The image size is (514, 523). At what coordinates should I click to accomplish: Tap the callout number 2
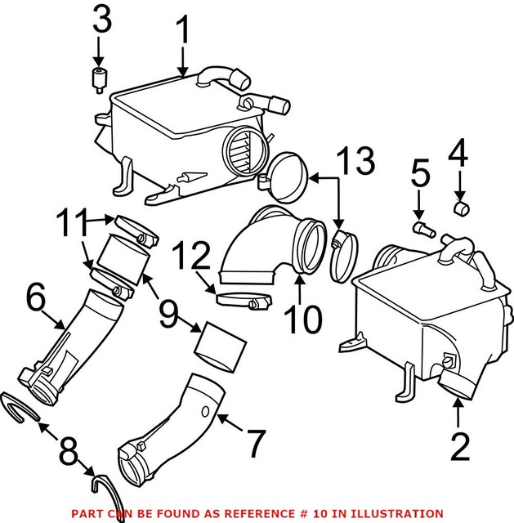pyautogui.click(x=460, y=446)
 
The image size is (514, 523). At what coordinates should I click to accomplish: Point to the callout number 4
pyautogui.click(x=460, y=152)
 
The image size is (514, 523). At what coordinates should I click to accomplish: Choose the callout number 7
pyautogui.click(x=255, y=444)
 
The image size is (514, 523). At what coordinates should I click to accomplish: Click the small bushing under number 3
pyautogui.click(x=99, y=80)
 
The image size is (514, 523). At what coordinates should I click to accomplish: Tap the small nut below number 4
pyautogui.click(x=460, y=208)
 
